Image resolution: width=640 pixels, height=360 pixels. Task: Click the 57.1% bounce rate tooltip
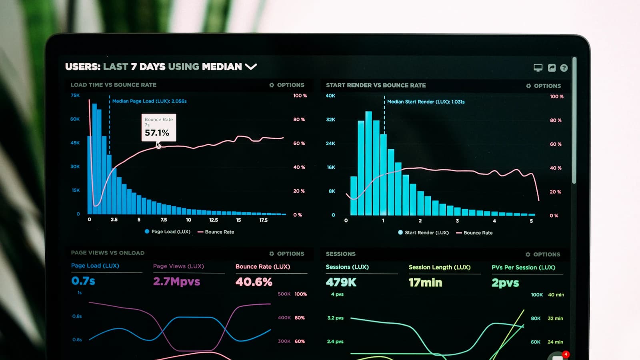pyautogui.click(x=158, y=128)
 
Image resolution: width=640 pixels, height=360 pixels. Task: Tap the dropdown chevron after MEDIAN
pyautogui.click(x=251, y=66)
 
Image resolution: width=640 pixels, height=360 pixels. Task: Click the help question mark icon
pyautogui.click(x=564, y=68)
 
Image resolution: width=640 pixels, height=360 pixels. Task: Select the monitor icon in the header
pyautogui.click(x=538, y=68)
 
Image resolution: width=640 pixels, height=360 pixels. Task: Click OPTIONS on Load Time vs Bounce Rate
pyautogui.click(x=287, y=85)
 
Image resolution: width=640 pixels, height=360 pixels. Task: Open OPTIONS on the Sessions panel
pyautogui.click(x=543, y=254)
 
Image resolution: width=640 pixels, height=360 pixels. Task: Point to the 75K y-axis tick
pyautogui.click(x=75, y=95)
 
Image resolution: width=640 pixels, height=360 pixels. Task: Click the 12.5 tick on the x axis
pyautogui.click(x=213, y=220)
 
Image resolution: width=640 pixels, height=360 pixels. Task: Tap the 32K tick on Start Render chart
pyautogui.click(x=330, y=120)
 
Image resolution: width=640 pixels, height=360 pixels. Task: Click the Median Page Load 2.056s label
pyautogui.click(x=149, y=101)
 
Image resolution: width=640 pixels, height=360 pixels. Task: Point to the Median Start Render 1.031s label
pyautogui.click(x=426, y=102)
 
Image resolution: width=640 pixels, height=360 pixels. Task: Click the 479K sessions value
pyautogui.click(x=341, y=282)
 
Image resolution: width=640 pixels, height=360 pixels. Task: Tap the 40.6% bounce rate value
pyautogui.click(x=254, y=282)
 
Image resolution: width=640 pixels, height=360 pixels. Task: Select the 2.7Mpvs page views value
pyautogui.click(x=176, y=282)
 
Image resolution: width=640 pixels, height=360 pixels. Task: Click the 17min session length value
pyautogui.click(x=425, y=283)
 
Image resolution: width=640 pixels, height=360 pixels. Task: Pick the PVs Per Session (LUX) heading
pyautogui.click(x=523, y=268)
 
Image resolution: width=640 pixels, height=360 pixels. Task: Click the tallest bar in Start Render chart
pyautogui.click(x=368, y=164)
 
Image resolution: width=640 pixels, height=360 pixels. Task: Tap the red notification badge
pyautogui.click(x=565, y=354)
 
